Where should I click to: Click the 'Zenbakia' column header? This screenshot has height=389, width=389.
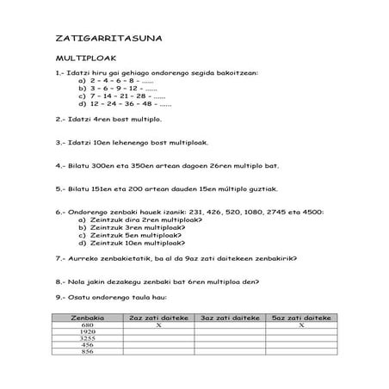tap(86, 318)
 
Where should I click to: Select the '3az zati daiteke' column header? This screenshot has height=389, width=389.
tap(225, 318)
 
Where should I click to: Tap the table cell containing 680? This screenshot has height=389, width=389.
tap(86, 325)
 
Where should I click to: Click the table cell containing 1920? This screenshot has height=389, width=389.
tap(86, 332)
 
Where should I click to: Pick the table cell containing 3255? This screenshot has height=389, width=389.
tap(86, 339)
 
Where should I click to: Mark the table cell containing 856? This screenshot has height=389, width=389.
tap(86, 353)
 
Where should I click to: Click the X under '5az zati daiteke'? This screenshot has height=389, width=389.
tap(302, 325)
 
